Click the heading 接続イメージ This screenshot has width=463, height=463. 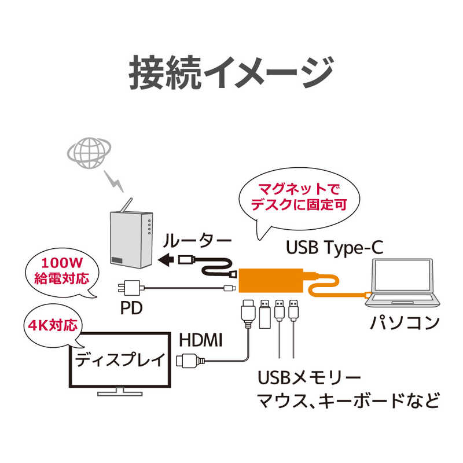(x=231, y=73)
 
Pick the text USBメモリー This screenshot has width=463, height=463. (x=310, y=377)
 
